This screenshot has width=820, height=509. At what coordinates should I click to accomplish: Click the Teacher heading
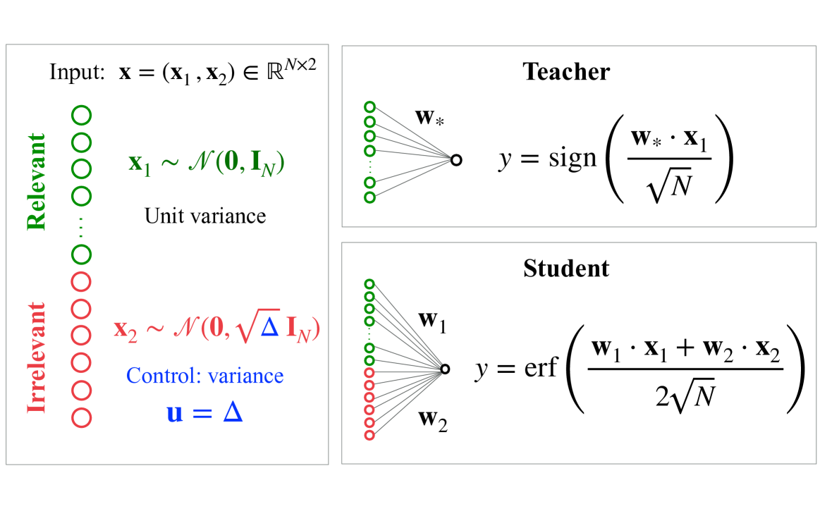(x=566, y=72)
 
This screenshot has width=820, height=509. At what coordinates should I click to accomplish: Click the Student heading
(x=566, y=269)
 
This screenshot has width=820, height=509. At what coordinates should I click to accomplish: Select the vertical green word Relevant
(x=36, y=181)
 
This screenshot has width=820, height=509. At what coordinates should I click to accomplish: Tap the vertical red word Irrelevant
(x=36, y=357)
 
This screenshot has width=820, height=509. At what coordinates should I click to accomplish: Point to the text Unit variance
(x=205, y=215)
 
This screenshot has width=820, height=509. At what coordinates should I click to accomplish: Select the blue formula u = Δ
(x=204, y=412)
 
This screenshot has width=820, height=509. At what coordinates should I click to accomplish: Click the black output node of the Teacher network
(x=456, y=160)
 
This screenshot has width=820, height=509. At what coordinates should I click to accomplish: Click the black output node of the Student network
(x=445, y=368)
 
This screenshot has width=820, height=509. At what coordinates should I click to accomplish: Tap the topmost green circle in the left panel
(x=82, y=113)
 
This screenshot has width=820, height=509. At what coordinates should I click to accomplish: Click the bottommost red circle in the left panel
(x=82, y=417)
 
